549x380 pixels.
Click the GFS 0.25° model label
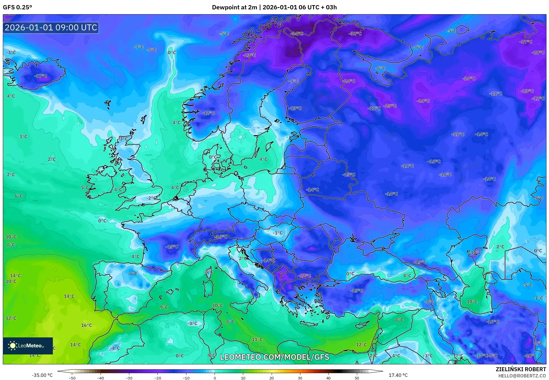(17, 7)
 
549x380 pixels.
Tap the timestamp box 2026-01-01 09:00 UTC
(51, 28)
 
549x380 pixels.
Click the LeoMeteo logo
(28, 346)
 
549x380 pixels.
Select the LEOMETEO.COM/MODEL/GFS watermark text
(274, 357)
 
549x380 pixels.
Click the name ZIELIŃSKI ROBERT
(521, 369)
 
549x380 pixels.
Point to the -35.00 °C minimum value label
(42, 375)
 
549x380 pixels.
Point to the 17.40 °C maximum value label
(398, 375)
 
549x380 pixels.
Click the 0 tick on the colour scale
(215, 378)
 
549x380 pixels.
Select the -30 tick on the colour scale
(129, 378)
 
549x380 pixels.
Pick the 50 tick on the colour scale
(357, 378)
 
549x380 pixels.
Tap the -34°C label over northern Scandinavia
(297, 34)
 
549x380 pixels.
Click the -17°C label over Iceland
(41, 76)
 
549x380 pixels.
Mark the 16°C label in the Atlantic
(87, 325)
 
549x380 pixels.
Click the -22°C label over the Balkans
(304, 276)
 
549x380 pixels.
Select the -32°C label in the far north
(355, 34)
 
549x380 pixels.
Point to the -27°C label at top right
(526, 42)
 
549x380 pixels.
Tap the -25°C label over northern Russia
(390, 106)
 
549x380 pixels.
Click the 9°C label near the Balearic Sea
(164, 307)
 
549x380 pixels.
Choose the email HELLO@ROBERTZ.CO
(522, 376)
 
